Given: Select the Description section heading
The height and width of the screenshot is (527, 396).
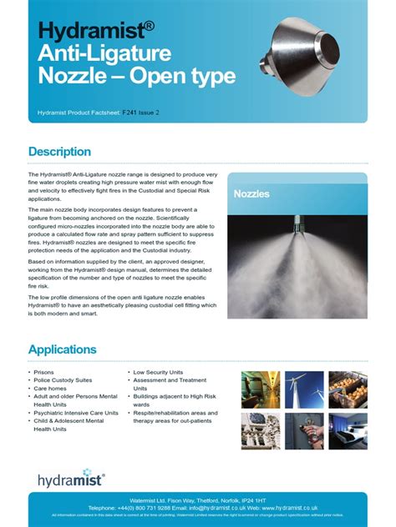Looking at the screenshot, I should click(59, 152).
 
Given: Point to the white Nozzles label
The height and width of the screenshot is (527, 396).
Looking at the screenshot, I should click(251, 193).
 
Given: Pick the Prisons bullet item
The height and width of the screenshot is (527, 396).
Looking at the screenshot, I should click(46, 372).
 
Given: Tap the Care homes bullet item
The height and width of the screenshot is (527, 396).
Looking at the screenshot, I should click(52, 389).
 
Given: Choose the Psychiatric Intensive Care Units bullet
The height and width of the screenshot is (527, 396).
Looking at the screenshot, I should click(75, 413).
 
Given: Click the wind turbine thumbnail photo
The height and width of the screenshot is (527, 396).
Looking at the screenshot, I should click(304, 389).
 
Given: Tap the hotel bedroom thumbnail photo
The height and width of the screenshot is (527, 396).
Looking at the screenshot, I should click(348, 431).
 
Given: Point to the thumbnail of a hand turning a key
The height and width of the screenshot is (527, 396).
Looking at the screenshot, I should click(304, 431).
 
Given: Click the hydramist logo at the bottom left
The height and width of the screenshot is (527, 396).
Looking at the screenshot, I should click(71, 479).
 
